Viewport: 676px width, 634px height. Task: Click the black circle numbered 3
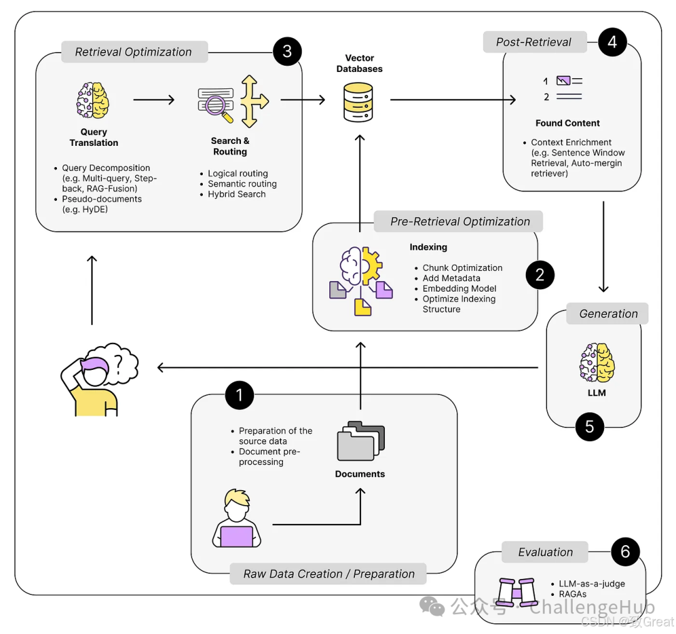point(287,52)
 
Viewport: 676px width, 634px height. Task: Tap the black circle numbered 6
point(625,551)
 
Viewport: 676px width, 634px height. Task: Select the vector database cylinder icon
point(358,103)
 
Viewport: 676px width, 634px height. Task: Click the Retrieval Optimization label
point(134,52)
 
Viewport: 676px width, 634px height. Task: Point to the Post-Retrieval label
point(535,42)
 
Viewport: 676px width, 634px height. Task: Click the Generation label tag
point(607,314)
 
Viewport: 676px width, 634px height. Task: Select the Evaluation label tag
point(545,552)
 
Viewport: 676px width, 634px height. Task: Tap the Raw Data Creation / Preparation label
point(328,574)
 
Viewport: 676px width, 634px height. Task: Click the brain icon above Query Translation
point(93,100)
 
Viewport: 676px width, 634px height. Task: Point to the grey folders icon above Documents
point(361,441)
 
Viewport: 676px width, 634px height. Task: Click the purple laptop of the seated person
point(237,536)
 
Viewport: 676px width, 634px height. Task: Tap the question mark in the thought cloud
point(118,364)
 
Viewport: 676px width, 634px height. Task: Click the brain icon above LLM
point(597,362)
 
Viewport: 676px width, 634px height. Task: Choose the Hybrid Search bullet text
point(237,195)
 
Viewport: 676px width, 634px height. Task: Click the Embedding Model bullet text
point(459,289)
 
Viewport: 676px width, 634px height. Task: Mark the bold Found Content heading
point(567,123)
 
